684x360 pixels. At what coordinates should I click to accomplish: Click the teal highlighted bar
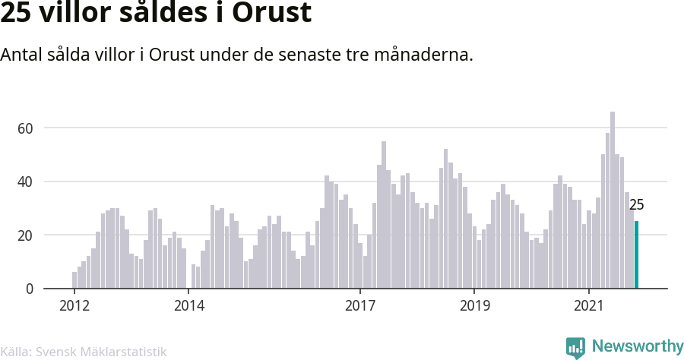(x=636, y=254)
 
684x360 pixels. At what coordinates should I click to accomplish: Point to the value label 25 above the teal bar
(x=636, y=205)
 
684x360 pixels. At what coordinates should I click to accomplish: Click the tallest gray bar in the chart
(x=613, y=200)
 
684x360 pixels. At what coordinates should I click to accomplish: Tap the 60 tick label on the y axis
(x=25, y=128)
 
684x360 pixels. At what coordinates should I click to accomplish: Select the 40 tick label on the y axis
(x=25, y=182)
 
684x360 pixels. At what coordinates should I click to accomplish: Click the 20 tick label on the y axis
(x=25, y=235)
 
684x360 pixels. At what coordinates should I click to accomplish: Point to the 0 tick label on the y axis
(x=30, y=289)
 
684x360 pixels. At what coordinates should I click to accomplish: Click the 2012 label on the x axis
(x=74, y=305)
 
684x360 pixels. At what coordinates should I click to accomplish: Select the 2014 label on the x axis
(x=189, y=305)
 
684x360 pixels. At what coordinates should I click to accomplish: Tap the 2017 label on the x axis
(x=360, y=305)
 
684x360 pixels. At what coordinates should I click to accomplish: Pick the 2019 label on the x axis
(x=474, y=305)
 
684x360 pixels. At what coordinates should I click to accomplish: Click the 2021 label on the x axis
(x=589, y=305)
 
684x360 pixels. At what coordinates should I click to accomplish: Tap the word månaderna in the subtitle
(x=423, y=55)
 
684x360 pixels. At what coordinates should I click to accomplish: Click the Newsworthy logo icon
(x=575, y=348)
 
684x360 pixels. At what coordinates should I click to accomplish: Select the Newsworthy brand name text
(x=638, y=346)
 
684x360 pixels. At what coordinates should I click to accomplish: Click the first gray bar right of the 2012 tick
(x=74, y=280)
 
